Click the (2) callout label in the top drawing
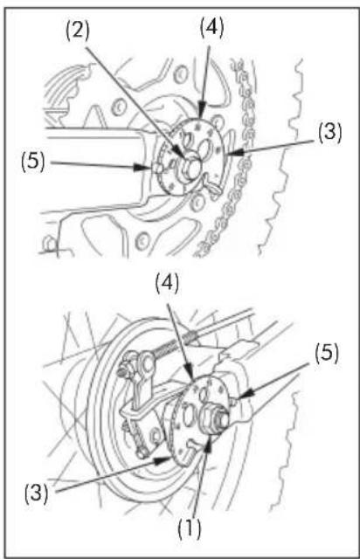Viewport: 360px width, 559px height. [77, 31]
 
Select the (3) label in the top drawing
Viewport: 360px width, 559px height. [330, 132]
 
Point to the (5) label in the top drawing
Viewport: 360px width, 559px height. [33, 162]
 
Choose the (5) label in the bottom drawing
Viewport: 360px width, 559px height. [327, 353]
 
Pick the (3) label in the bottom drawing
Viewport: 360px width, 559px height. [37, 493]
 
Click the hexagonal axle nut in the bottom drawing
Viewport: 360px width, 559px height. [211, 418]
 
